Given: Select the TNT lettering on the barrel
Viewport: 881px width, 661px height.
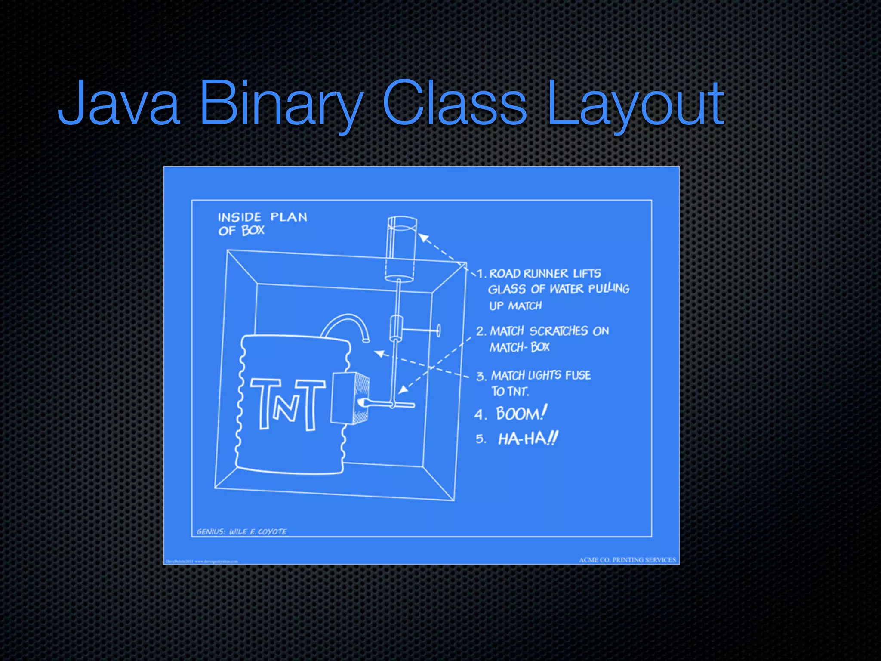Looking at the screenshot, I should pyautogui.click(x=287, y=404).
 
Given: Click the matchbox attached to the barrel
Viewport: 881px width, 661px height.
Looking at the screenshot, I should pyautogui.click(x=349, y=398).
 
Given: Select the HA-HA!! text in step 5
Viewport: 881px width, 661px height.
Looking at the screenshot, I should pyautogui.click(x=527, y=439).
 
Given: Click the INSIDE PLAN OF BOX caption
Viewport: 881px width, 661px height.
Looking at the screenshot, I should pyautogui.click(x=262, y=223).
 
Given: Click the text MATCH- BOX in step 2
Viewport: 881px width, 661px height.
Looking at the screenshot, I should pyautogui.click(x=519, y=347).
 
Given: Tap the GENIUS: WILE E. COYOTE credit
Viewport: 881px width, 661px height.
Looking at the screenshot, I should pyautogui.click(x=241, y=531).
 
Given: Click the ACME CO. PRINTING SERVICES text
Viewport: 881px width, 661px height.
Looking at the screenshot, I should pyautogui.click(x=627, y=560).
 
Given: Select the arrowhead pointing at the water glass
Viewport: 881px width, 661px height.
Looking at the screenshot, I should pyautogui.click(x=423, y=238).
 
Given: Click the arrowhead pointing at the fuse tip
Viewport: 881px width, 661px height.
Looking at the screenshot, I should pyautogui.click(x=379, y=354).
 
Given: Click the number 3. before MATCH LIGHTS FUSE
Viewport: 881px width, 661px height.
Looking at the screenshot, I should pyautogui.click(x=481, y=377).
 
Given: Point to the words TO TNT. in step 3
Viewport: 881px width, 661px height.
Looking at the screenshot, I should pyautogui.click(x=510, y=392).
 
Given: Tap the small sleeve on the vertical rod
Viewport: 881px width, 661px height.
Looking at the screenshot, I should pyautogui.click(x=395, y=328).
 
